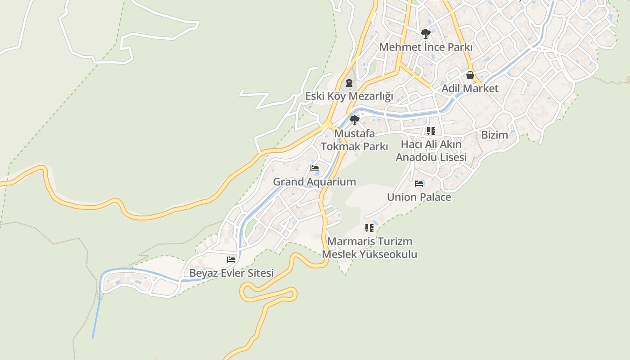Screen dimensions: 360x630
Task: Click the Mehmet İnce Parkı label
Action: point(426,47)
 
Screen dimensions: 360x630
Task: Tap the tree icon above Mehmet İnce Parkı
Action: point(425,34)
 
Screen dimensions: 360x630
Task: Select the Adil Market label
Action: point(470,88)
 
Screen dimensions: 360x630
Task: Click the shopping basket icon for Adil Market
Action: point(470,75)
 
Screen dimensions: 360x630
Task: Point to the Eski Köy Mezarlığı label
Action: point(349,96)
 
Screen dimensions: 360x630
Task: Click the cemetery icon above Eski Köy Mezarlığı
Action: point(349,83)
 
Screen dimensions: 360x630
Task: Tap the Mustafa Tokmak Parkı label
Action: point(354,140)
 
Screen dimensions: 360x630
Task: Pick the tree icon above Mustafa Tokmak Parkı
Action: point(355,120)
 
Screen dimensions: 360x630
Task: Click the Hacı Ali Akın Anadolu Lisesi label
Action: point(431,151)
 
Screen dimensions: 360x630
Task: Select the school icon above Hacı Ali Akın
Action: point(431,131)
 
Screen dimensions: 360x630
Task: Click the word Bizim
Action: point(495,135)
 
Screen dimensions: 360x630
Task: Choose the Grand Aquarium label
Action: point(315,182)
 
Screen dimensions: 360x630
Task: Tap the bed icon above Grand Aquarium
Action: point(315,168)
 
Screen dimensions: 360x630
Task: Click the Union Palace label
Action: point(419,197)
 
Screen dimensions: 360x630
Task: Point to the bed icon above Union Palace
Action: point(419,184)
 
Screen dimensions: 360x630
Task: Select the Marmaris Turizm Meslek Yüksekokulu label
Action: point(369,248)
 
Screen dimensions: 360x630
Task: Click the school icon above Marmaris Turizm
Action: point(369,228)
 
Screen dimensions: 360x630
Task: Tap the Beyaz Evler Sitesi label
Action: point(231,273)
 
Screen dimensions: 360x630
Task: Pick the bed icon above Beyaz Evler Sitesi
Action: point(231,260)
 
